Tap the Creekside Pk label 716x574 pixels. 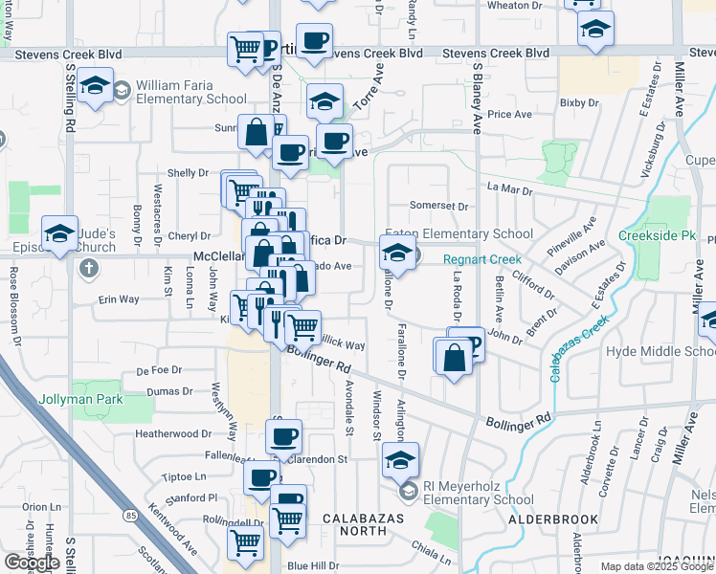[656, 235]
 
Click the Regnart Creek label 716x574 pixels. [481, 259]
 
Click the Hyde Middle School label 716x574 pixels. [660, 352]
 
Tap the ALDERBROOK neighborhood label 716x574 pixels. [553, 519]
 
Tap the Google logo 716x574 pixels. [32, 563]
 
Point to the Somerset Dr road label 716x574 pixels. [438, 206]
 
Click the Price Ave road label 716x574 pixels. [509, 115]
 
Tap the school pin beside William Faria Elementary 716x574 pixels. [95, 86]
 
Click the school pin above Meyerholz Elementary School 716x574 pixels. [400, 461]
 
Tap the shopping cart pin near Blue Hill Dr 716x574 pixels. [245, 542]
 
